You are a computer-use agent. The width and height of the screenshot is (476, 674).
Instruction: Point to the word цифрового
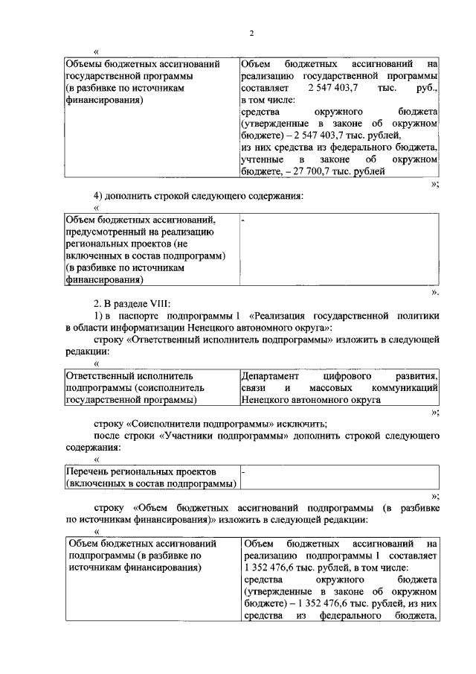(347, 376)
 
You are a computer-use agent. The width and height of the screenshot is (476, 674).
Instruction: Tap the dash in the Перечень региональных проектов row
(243, 472)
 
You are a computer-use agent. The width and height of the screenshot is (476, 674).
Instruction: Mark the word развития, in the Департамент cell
(416, 376)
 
